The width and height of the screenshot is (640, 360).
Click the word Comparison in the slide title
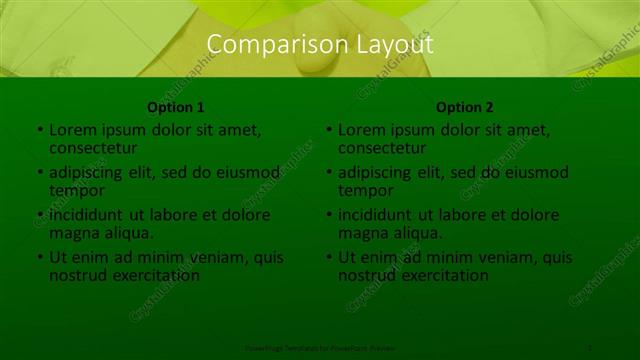[x=265, y=45]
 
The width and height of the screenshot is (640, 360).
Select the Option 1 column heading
[x=176, y=107]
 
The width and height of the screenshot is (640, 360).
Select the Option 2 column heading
[x=465, y=107]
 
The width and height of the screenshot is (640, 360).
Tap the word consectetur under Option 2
[x=381, y=148]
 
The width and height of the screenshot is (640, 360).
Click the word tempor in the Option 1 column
[x=76, y=190]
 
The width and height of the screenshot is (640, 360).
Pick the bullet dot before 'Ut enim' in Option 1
[x=40, y=258]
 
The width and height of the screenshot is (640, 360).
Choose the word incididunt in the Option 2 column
[x=379, y=215]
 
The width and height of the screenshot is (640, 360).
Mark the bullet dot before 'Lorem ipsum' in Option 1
[x=40, y=130]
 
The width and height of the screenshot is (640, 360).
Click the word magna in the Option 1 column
[x=73, y=233]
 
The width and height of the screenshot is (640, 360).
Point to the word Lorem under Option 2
[x=361, y=130]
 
